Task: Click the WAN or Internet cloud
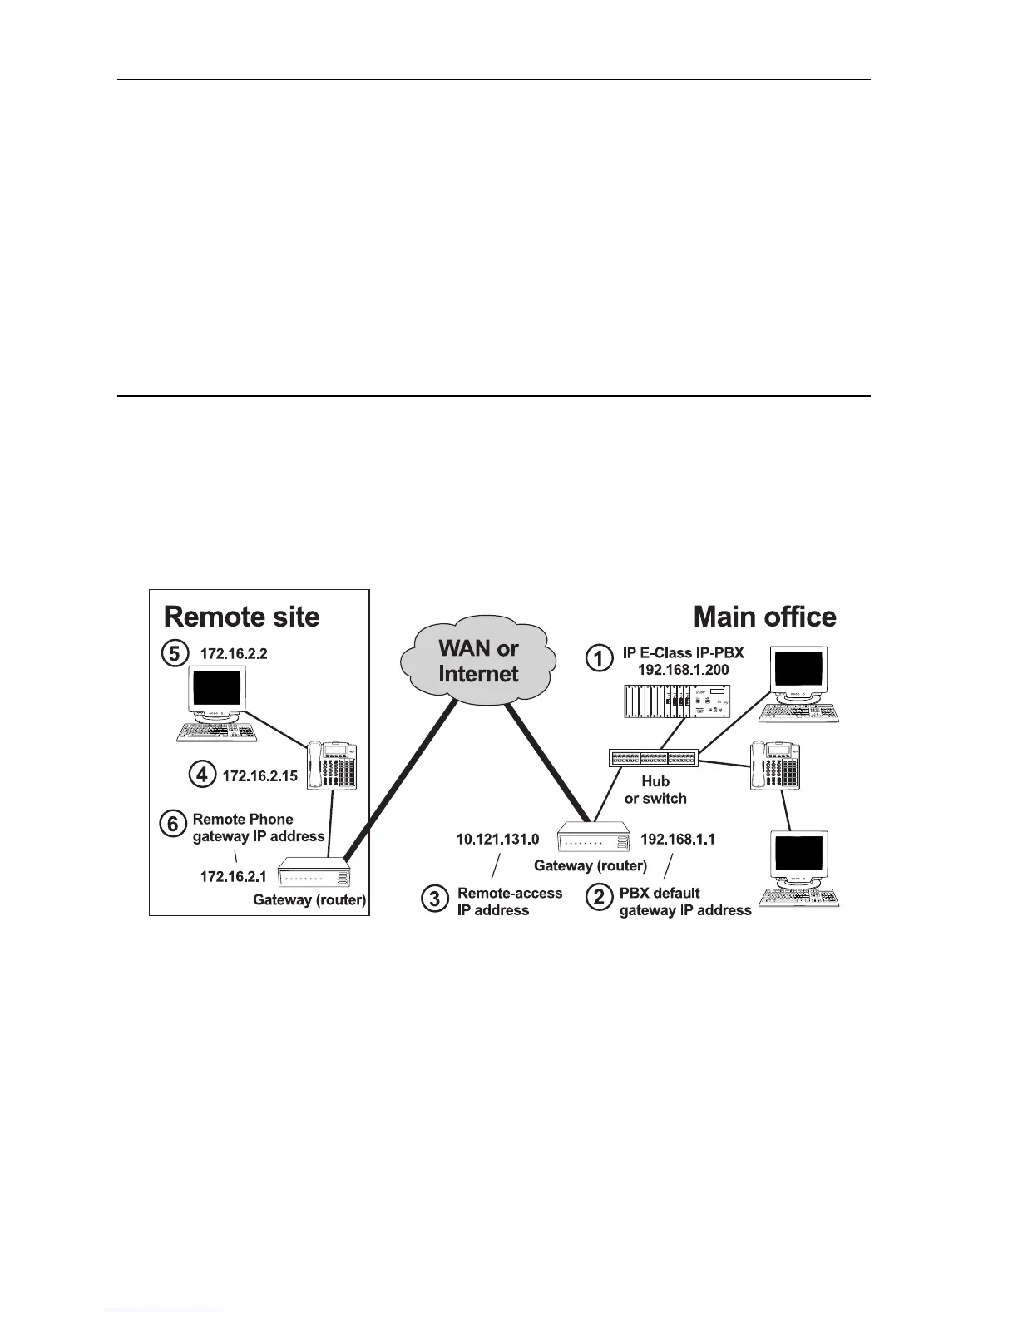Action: point(477,662)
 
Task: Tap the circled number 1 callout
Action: point(599,658)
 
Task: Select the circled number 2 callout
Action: point(599,898)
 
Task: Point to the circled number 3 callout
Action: point(434,899)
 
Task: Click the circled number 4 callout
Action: point(202,775)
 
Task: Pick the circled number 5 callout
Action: point(174,653)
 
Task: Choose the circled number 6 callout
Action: point(172,824)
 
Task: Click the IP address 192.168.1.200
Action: point(683,670)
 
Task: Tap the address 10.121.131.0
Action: point(497,839)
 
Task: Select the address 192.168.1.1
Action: point(677,839)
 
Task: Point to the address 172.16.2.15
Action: point(259,776)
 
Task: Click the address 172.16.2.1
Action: point(233,876)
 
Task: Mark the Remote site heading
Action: point(241,617)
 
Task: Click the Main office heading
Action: point(764,617)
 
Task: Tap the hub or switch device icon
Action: point(653,758)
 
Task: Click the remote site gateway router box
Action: point(314,875)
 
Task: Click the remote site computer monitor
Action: point(216,691)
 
